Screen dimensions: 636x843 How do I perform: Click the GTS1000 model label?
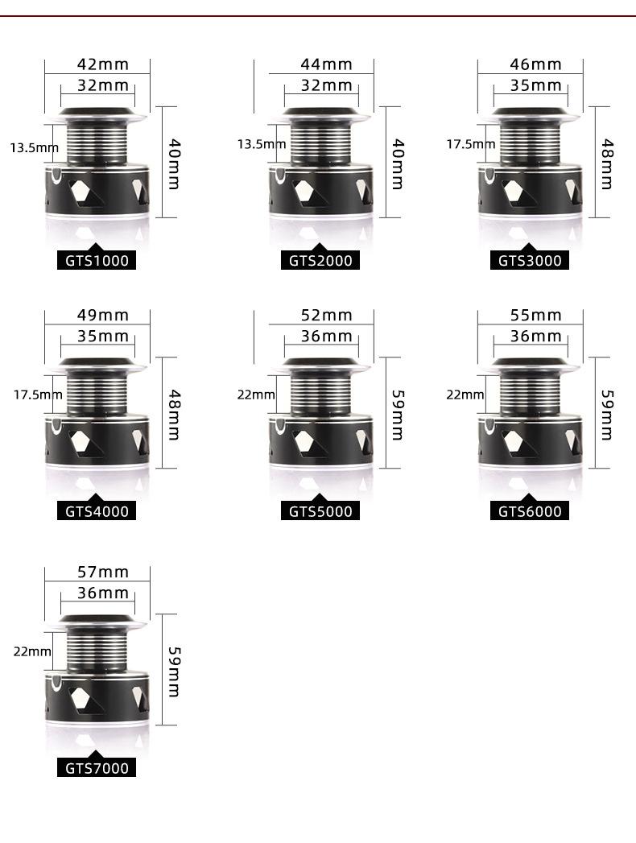point(97,261)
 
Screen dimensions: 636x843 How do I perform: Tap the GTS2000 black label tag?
point(320,261)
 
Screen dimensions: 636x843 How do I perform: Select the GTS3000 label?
point(530,261)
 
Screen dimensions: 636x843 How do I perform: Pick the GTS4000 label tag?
point(97,511)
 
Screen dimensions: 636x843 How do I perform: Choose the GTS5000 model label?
point(320,511)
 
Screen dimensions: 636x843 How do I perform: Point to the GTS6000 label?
point(530,511)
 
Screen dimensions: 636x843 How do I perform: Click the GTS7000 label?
point(97,768)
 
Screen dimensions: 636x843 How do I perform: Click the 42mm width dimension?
point(103,64)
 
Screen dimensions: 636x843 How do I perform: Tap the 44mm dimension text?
point(326,64)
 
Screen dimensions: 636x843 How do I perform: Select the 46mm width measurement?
point(535,64)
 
